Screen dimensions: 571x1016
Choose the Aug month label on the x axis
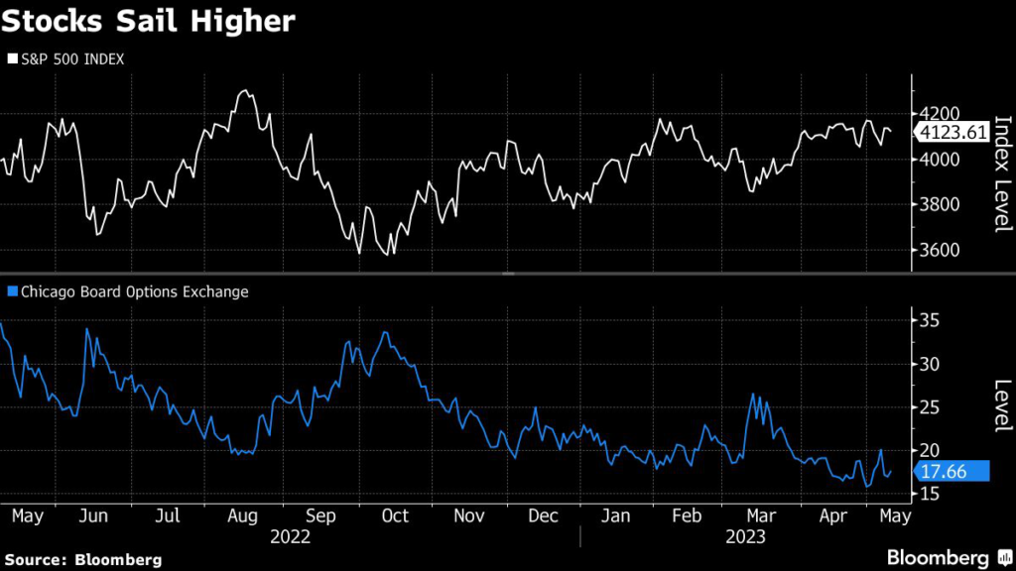click(243, 515)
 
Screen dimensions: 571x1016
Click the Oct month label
click(394, 515)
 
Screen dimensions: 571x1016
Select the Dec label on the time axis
click(543, 515)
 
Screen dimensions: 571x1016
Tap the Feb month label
click(688, 515)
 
